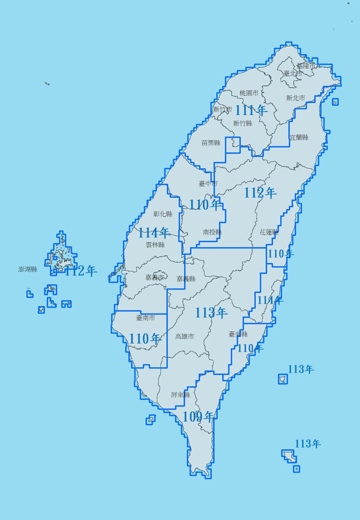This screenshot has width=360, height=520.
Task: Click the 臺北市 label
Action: pos(292,73)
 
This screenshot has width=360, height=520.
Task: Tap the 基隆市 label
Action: pos(306,65)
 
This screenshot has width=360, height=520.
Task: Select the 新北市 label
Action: pos(295,98)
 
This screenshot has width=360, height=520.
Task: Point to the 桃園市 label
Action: pos(248,93)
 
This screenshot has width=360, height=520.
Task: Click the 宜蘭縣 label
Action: pos(299,137)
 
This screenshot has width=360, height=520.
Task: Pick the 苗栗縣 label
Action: pos(210,142)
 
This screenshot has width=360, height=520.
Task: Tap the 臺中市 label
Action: pos(208,183)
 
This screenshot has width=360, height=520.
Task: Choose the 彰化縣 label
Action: pos(162,214)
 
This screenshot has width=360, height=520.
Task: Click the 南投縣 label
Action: pos(212,232)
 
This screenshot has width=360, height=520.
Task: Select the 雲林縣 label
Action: pos(155,245)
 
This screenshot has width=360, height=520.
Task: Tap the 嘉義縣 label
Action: pos(186,278)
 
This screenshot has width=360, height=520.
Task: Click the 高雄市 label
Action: pos(184,336)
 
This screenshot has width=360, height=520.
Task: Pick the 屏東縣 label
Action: pos(180,394)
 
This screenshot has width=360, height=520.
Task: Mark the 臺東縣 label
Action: pos(238,334)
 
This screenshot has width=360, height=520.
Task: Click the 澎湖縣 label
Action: pos(27,269)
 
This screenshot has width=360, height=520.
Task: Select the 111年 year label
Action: pos(251,110)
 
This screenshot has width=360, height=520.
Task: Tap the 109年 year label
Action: pos(198,416)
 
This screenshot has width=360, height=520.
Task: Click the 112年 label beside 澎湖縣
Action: pos(81,271)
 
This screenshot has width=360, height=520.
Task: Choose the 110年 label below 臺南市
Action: pos(145,338)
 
